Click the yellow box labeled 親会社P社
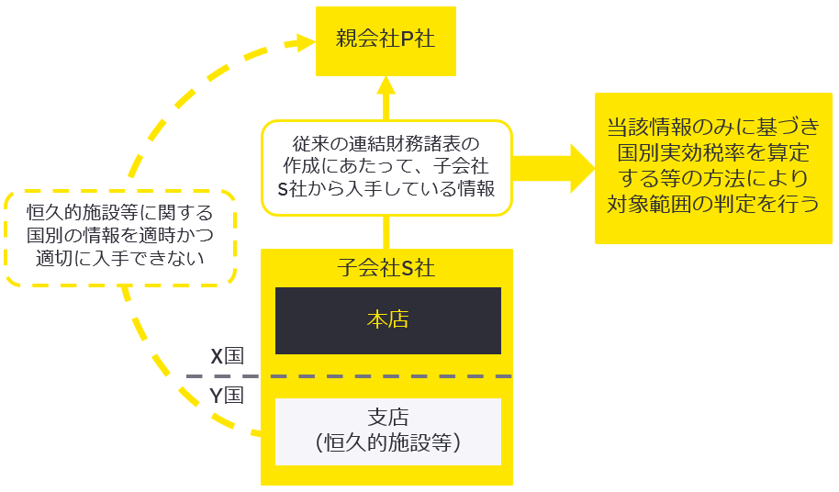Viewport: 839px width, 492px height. click(x=385, y=40)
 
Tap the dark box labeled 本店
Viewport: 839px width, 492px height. click(x=387, y=320)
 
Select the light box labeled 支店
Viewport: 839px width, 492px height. click(x=387, y=431)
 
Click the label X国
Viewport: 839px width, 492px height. click(x=227, y=356)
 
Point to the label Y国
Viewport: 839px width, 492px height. click(x=227, y=397)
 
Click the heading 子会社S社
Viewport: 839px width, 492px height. click(x=386, y=269)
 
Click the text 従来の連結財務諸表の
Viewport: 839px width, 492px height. click(x=386, y=144)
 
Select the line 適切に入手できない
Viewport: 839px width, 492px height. click(x=119, y=258)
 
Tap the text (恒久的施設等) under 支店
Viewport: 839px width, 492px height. click(x=387, y=443)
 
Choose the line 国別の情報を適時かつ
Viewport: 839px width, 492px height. click(x=119, y=235)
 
